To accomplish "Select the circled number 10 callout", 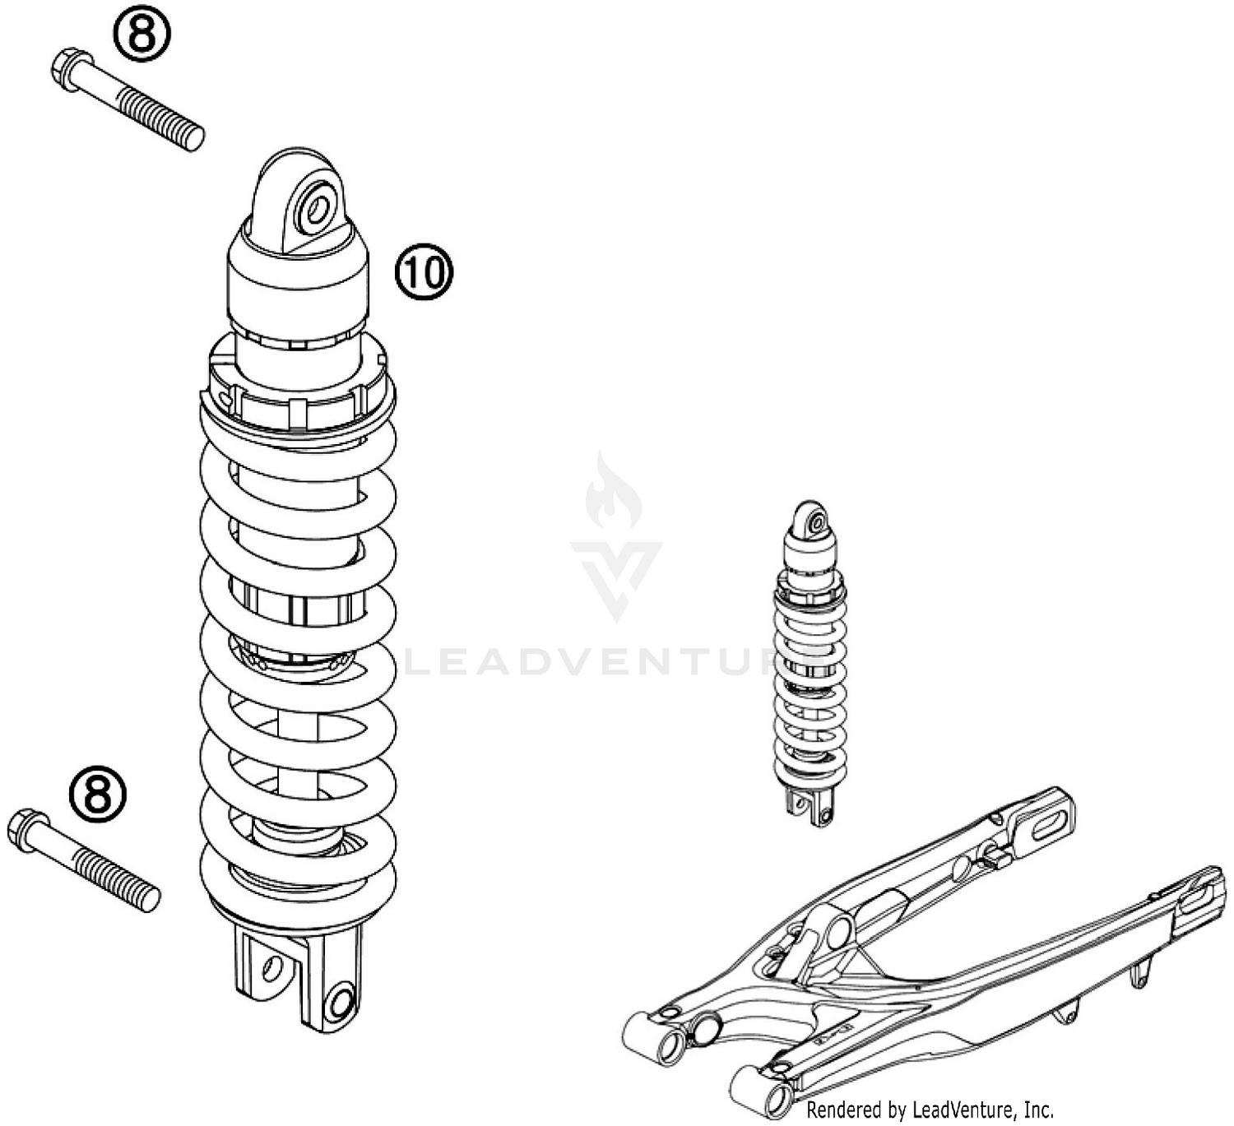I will point(424,272).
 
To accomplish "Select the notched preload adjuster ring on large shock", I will point(298,388).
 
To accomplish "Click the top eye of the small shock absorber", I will point(815,522).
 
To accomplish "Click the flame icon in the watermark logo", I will point(613,493).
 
